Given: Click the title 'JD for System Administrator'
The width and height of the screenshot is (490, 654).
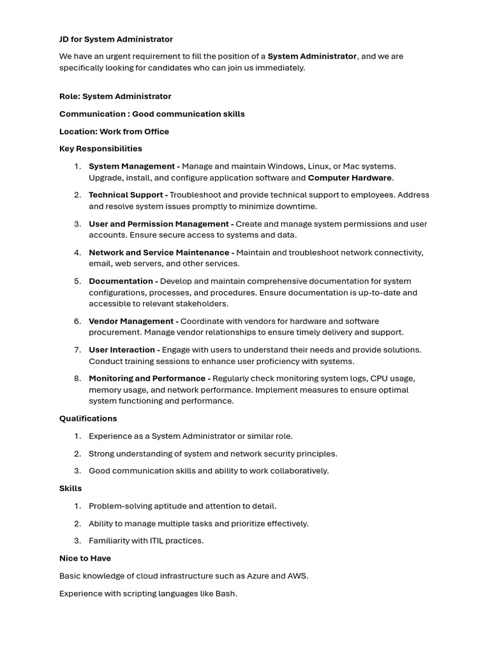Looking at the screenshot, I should tap(116, 39).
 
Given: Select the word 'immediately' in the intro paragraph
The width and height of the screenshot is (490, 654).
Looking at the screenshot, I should tap(280, 68).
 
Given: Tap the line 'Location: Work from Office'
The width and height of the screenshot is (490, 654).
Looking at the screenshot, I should tap(114, 132).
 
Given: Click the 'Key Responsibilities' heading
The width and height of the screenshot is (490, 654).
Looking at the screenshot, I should tap(101, 149).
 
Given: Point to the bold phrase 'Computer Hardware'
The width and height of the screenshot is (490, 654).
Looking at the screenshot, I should tap(350, 178).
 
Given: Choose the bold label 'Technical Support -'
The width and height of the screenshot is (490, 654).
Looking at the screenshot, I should tap(128, 195).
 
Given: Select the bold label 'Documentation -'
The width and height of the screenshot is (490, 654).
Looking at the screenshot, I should tap(123, 281).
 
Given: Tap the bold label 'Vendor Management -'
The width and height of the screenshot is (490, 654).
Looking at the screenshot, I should tap(133, 321).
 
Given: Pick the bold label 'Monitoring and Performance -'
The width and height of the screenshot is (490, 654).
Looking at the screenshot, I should tap(149, 378).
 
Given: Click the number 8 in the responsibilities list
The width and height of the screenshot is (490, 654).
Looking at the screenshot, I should tap(77, 378).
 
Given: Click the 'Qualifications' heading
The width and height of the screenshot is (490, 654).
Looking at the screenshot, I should tap(88, 418).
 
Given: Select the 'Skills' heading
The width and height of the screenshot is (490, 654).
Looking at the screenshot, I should tap(71, 489).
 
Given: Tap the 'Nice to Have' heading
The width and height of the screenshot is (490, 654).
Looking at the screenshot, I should tap(85, 558).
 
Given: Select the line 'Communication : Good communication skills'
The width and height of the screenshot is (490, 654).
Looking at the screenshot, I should tap(152, 114).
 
